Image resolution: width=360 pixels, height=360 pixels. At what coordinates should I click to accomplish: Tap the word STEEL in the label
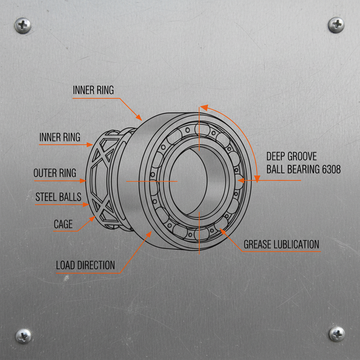click(x=46, y=197)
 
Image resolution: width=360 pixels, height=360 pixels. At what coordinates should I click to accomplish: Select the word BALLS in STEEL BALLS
click(x=70, y=197)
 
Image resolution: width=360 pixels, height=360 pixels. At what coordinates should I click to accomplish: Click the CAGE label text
click(x=63, y=224)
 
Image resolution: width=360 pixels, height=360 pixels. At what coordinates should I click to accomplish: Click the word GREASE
click(x=257, y=244)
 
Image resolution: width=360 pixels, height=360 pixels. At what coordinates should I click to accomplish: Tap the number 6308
click(x=331, y=169)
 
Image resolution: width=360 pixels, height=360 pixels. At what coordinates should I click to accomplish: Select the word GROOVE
click(x=302, y=156)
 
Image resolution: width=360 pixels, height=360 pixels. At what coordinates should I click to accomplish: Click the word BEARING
click(x=303, y=169)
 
